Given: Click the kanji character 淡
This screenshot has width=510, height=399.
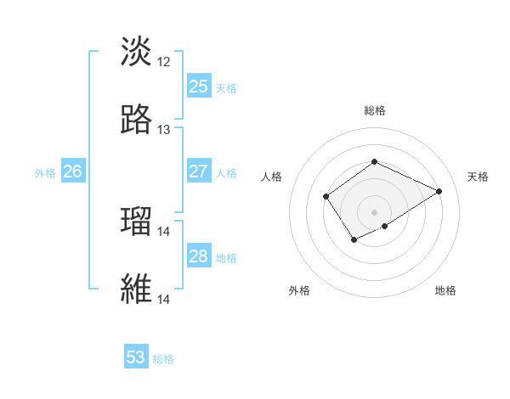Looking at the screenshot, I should coord(136,52).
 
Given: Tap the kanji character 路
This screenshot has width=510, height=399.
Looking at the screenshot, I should coord(136,120).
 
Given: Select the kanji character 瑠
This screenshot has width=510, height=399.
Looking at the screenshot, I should coord(136,222).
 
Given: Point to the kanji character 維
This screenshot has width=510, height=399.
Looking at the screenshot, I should coord(136,289).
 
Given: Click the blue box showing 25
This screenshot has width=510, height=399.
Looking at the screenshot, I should coord(199,87).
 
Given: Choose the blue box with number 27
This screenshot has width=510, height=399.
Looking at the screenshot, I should coord(199,172).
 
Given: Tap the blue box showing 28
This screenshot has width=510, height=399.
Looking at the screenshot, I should coord(199,257).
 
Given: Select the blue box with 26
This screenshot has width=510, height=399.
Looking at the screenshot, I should coord(72,172).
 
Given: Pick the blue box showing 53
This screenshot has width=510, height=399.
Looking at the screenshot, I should coord(136,358).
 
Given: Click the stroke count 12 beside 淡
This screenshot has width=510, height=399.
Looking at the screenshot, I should coord(164,62).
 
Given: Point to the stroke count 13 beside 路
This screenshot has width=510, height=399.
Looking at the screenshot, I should coord(164,130).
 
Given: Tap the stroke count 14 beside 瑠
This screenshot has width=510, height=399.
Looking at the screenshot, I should coord(164,232).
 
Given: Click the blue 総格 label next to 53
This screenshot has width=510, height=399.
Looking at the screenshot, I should coord(163,359).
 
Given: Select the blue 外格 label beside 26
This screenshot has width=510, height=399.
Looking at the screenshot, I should coord(45,173).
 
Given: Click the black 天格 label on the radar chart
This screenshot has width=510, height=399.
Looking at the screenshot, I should coord(478,177).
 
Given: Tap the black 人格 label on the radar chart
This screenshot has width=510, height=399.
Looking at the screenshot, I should coord(272,177).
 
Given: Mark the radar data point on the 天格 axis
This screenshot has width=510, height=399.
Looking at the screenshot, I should coord(439,191).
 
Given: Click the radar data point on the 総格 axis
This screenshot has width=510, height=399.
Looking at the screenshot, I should coord(374,161).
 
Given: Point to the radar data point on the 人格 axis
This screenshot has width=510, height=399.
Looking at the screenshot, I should coord(326,197).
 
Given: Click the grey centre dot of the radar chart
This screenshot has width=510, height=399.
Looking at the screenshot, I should coord(374,212).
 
